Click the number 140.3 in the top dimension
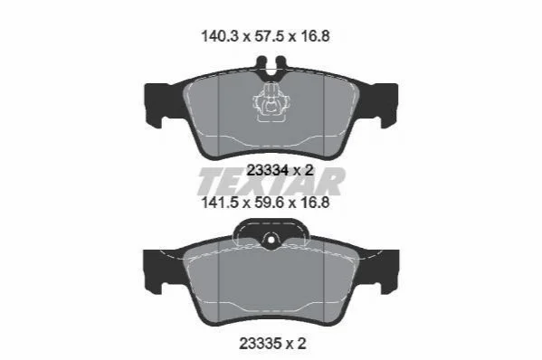pyautogui.click(x=220, y=36)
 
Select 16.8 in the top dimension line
pyautogui.click(x=314, y=36)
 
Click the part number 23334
pyautogui.click(x=268, y=170)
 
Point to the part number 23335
pyautogui.click(x=260, y=344)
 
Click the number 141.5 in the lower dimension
pyautogui.click(x=220, y=202)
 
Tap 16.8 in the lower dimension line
pyautogui.click(x=314, y=202)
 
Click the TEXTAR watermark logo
pyautogui.click(x=271, y=182)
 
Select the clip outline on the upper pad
pyautogui.click(x=272, y=102)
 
